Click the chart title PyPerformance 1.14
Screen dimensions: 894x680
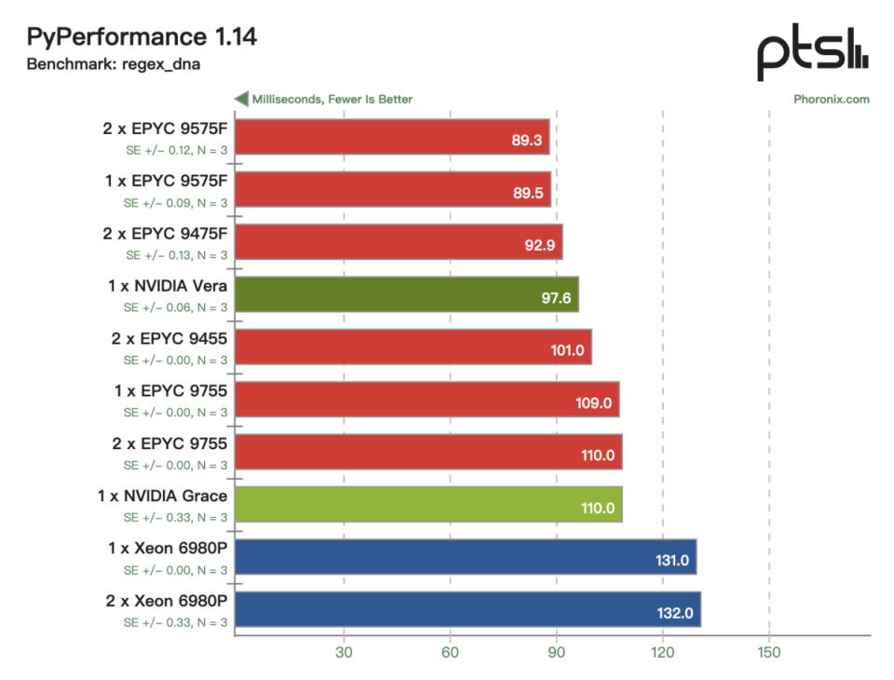[x=142, y=36]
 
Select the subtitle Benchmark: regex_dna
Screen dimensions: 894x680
[x=113, y=64]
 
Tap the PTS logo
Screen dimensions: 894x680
[x=812, y=52]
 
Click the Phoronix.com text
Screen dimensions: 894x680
[x=832, y=100]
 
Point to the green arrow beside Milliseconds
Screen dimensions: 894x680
[x=241, y=99]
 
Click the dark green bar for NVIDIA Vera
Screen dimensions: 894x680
[x=407, y=294]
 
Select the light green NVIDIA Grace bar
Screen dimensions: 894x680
[x=428, y=504]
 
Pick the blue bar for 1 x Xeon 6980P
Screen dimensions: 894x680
[x=466, y=557]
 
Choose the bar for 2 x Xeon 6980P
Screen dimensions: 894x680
[x=468, y=609]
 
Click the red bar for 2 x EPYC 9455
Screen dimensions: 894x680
[x=413, y=347]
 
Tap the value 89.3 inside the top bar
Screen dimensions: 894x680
[x=527, y=141]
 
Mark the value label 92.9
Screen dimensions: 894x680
[x=540, y=245]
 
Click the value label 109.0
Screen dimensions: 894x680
[x=593, y=403]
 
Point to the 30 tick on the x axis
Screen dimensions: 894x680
[x=344, y=653]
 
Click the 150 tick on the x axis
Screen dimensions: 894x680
[x=769, y=653]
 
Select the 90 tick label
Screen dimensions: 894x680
[x=557, y=653]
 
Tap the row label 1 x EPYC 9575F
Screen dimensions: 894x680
[x=166, y=181]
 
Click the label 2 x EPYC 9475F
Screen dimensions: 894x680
[x=165, y=233]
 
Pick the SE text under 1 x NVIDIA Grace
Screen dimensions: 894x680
[x=176, y=517]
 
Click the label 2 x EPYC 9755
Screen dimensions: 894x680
[x=169, y=443]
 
